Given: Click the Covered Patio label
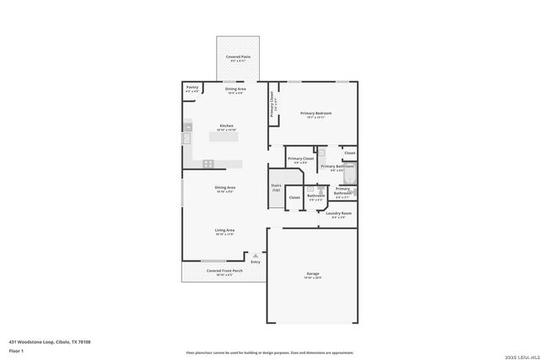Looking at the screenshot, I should [x=237, y=58].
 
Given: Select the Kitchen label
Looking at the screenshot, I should [x=226, y=127].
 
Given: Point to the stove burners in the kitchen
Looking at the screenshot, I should [x=208, y=163].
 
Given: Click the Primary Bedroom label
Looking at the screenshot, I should [x=316, y=114].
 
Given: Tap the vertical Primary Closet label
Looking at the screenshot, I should [x=273, y=103].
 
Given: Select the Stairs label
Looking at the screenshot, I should [x=275, y=187].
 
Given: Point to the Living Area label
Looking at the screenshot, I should [x=224, y=231].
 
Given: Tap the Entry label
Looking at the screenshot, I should [x=255, y=262].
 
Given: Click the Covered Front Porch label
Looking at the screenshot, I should [x=224, y=271].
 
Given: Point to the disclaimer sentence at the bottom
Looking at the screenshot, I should [x=270, y=352].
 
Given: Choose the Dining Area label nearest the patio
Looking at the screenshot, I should [x=235, y=89].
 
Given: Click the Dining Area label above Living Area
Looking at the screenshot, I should [x=224, y=188].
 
